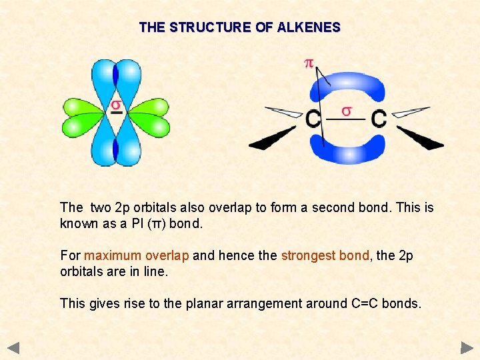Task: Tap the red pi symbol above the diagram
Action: point(309,63)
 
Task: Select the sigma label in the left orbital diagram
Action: point(116,105)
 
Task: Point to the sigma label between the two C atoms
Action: point(347,110)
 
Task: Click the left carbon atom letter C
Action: point(313,119)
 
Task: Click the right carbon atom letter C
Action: point(379,119)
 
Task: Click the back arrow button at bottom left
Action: point(14,347)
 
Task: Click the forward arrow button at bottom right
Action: point(467,347)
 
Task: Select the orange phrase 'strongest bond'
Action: point(325,255)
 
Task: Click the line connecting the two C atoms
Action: point(347,120)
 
